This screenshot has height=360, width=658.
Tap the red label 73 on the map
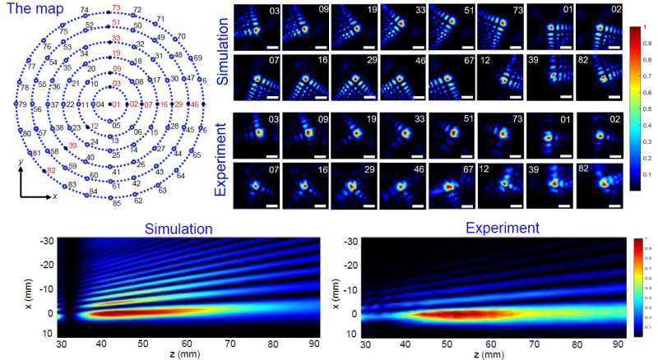click(x=116, y=7)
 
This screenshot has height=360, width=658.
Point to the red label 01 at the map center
click(x=116, y=104)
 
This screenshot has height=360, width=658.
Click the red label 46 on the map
click(x=194, y=104)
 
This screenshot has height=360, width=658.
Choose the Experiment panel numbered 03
click(x=257, y=134)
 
